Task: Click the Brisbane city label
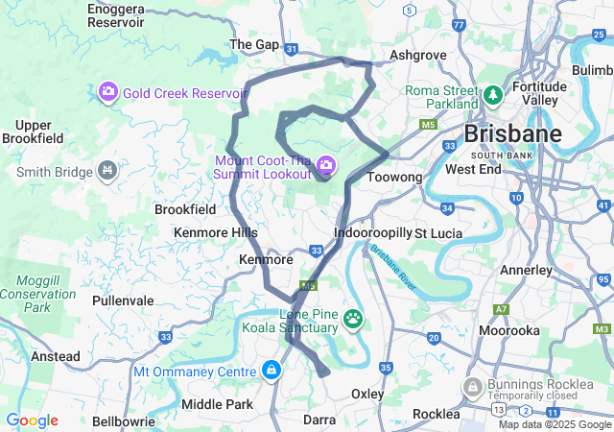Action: click(513, 132)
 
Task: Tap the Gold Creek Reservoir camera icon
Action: click(108, 91)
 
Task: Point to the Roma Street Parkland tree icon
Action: click(492, 95)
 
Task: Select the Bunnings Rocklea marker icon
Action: click(471, 387)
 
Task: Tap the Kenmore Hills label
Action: click(216, 232)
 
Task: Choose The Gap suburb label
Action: click(254, 44)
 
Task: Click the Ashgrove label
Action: click(418, 55)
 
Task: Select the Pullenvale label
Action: click(123, 300)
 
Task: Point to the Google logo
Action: click(32, 420)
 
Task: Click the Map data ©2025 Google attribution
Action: click(554, 424)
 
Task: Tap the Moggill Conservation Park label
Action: click(37, 294)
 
